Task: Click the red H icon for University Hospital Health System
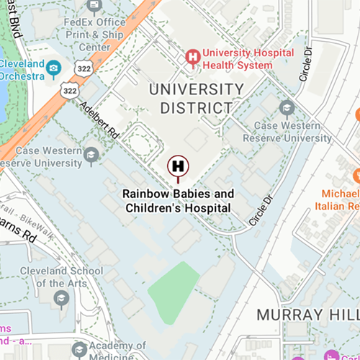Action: [x=192, y=55]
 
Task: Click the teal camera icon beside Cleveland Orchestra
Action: [x=53, y=68]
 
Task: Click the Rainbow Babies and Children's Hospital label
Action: [x=178, y=201]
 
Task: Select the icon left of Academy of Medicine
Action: [x=79, y=350]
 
